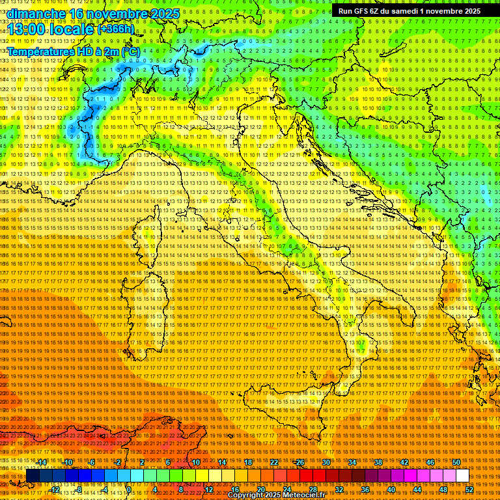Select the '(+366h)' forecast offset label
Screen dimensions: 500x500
[x=116, y=29]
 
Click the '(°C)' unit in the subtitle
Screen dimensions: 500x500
[x=130, y=51]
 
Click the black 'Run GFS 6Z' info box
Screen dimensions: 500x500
[x=409, y=10]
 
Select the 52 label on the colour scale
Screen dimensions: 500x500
[x=469, y=489]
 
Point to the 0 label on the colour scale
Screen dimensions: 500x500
[x=129, y=489]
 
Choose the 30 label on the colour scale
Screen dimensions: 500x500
[x=326, y=462]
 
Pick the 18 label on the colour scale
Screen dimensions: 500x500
[x=248, y=462]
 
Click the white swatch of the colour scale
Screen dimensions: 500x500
[x=462, y=476]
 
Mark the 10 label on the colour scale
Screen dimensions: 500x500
[x=196, y=462]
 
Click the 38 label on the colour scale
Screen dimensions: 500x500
[x=378, y=462]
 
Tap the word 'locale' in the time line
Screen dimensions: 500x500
[x=72, y=29]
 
